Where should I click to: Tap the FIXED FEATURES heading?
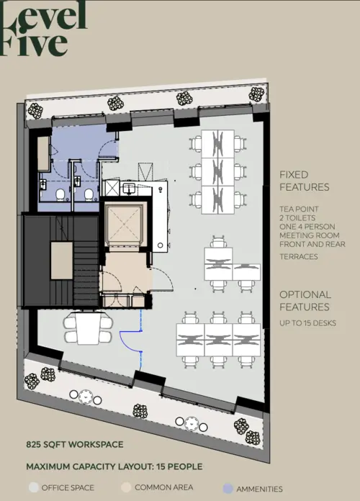pyautogui.click(x=304, y=181)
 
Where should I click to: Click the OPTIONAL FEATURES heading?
pyautogui.click(x=305, y=301)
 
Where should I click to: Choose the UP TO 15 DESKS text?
pyautogui.click(x=307, y=323)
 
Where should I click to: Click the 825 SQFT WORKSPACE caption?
pyautogui.click(x=74, y=445)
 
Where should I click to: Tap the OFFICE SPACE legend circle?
pyautogui.click(x=33, y=487)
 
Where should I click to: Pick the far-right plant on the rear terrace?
pyautogui.click(x=257, y=93)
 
